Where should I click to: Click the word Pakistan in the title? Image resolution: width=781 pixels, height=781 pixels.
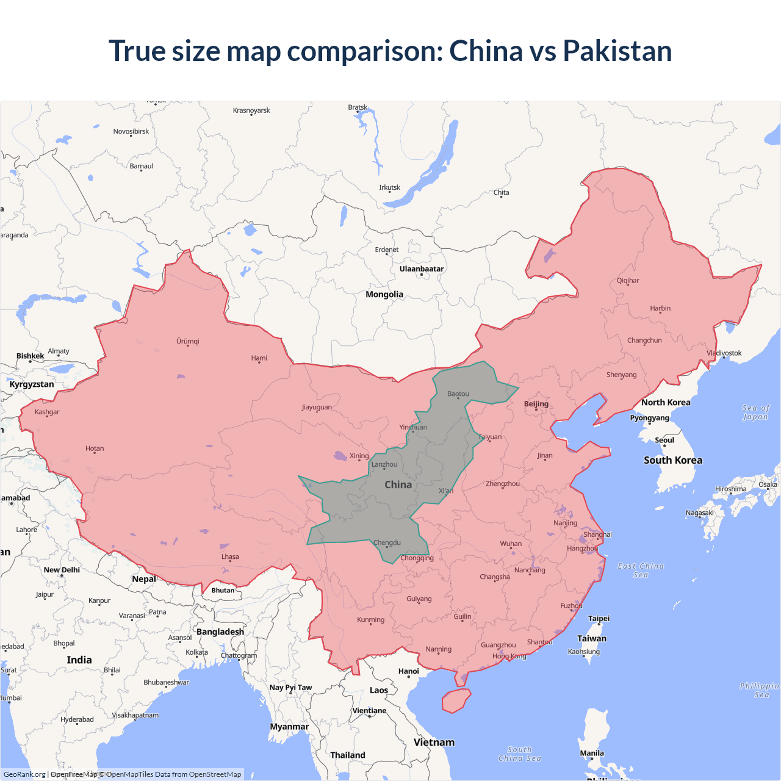click(617, 51)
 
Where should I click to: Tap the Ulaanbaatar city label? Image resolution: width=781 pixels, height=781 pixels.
click(422, 269)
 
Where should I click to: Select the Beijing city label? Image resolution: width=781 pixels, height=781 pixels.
click(536, 404)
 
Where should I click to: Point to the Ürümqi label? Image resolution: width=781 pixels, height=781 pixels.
click(188, 342)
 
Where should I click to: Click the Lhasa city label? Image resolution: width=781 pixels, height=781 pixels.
click(230, 557)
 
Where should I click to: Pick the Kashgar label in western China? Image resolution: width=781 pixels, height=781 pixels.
click(47, 412)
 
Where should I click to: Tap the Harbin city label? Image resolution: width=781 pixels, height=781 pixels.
click(660, 309)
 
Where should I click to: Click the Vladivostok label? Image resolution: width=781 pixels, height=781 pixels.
click(724, 353)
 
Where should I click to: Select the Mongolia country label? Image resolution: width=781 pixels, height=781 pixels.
click(384, 295)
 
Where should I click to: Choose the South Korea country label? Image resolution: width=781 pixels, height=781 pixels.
click(673, 461)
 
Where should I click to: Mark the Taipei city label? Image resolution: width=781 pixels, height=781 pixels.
click(599, 619)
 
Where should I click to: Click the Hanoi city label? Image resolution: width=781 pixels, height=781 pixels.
click(409, 671)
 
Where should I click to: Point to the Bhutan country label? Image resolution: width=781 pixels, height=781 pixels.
click(223, 590)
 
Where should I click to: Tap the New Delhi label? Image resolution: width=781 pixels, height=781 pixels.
click(62, 570)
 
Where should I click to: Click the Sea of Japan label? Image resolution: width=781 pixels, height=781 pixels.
click(755, 412)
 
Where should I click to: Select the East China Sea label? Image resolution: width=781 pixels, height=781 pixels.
click(641, 570)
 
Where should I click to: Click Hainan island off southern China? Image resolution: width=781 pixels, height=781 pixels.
click(456, 700)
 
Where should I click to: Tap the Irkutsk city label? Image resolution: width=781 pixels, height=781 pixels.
click(389, 187)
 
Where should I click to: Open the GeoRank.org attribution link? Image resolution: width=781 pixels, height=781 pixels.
click(24, 774)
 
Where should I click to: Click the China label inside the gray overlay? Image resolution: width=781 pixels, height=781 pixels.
click(398, 484)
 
